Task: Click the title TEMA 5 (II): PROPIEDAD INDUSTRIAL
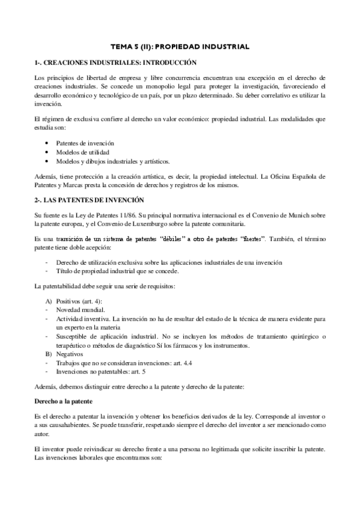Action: pos(180,46)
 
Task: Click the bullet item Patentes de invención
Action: pos(85,144)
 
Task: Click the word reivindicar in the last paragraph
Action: pos(101,449)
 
